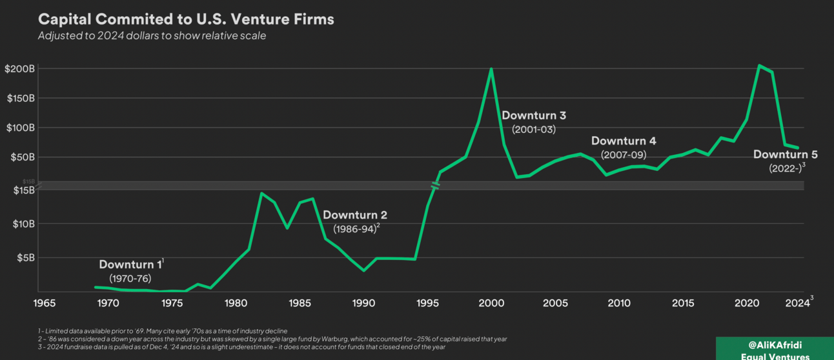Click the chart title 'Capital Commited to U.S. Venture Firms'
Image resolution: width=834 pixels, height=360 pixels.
pyautogui.click(x=186, y=19)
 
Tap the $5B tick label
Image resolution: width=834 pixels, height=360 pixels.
pyautogui.click(x=25, y=257)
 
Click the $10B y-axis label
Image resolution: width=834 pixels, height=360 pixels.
pyautogui.click(x=23, y=224)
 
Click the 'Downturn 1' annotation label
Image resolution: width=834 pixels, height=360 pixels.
pyautogui.click(x=130, y=265)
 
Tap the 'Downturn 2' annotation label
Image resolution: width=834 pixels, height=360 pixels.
pyautogui.click(x=354, y=215)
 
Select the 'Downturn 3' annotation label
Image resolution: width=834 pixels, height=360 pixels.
pyautogui.click(x=534, y=116)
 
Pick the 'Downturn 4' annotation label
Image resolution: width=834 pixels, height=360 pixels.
pyautogui.click(x=624, y=141)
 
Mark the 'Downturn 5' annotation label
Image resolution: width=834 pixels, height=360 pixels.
pyautogui.click(x=785, y=155)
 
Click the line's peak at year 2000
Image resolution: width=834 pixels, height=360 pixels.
pyautogui.click(x=491, y=68)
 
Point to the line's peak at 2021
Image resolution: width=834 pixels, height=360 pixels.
pyautogui.click(x=759, y=65)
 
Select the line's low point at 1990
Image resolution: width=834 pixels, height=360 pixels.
pyautogui.click(x=364, y=270)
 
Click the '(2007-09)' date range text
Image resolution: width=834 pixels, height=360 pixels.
pyautogui.click(x=624, y=155)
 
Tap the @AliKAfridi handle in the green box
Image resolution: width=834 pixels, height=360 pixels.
pyautogui.click(x=775, y=345)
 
